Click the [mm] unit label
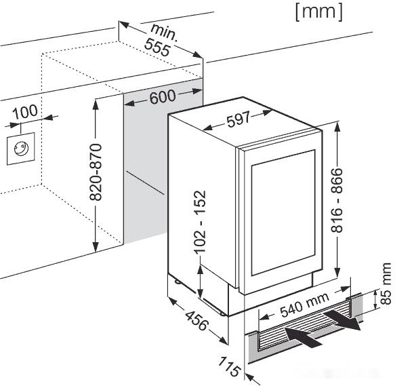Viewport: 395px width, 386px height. click(319, 12)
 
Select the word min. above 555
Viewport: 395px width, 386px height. click(165, 32)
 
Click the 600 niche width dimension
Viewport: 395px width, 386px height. click(163, 96)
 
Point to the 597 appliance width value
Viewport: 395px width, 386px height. click(238, 119)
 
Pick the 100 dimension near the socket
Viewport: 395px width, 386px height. click(25, 112)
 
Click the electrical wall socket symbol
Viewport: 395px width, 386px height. click(20, 149)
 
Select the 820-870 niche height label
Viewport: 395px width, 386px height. click(96, 172)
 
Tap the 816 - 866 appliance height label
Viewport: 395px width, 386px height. click(337, 200)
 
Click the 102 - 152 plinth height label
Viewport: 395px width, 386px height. click(200, 222)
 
